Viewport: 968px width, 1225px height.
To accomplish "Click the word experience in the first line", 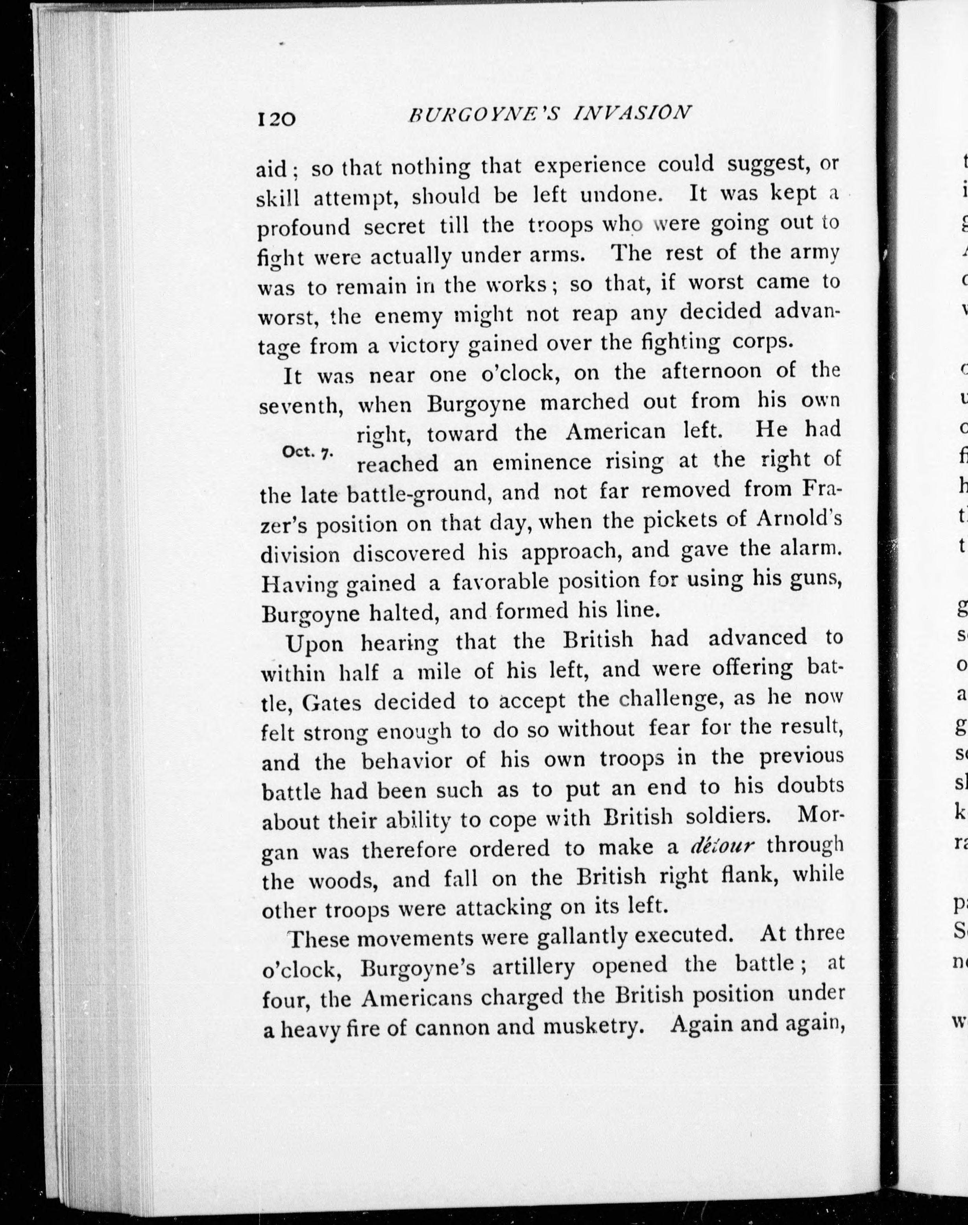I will click(x=590, y=165).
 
